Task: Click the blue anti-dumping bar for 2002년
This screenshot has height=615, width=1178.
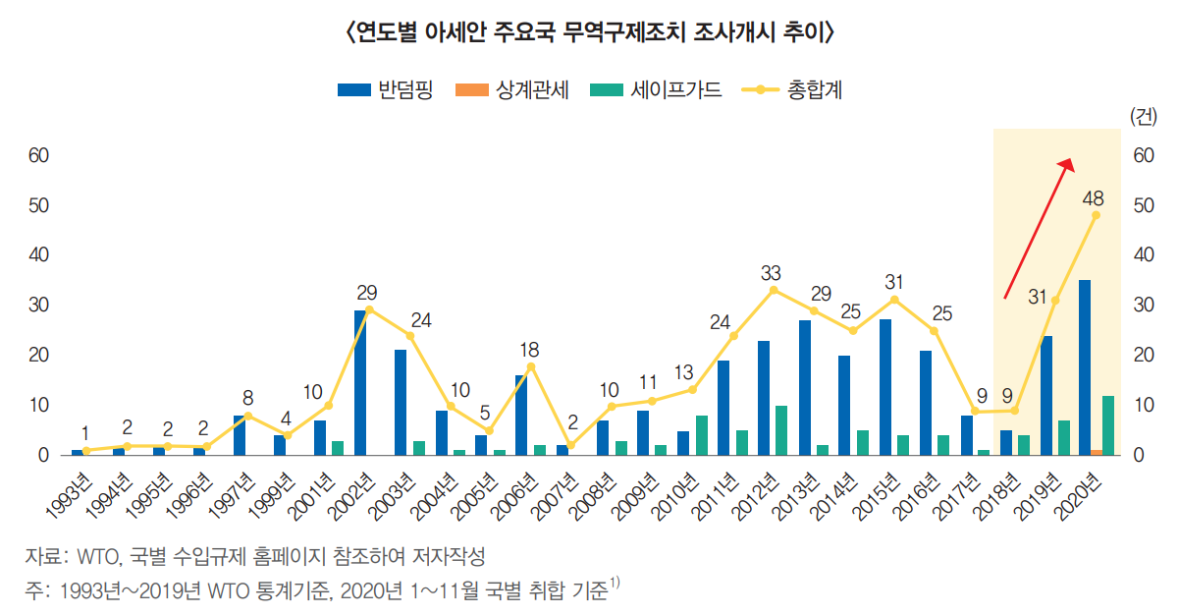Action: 360,382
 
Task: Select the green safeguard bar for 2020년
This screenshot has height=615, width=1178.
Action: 1108,424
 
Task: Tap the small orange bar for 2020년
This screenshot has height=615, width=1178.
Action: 1097,452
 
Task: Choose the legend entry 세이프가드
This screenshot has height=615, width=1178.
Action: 657,90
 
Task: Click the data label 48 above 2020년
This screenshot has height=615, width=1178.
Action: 1093,197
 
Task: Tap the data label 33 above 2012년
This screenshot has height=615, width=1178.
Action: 772,272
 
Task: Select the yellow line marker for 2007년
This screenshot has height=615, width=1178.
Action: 570,445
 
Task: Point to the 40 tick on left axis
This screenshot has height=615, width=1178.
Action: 39,255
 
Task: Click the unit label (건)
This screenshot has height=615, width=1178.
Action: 1144,116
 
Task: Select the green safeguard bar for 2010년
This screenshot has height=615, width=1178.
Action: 701,435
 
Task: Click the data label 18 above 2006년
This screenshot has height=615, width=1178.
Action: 530,350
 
